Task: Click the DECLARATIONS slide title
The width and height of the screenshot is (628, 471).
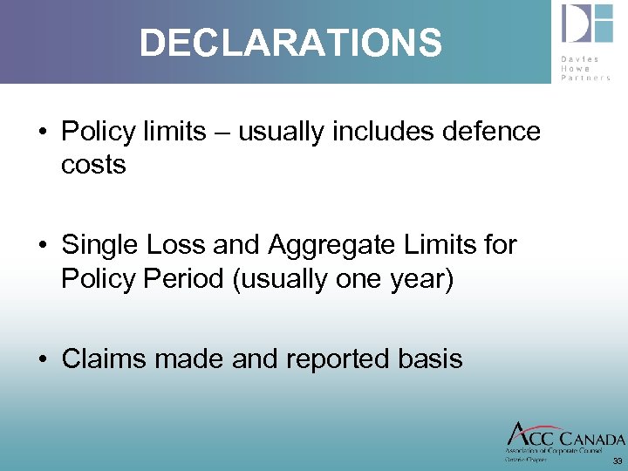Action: (290, 42)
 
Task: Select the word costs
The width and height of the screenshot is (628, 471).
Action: (93, 165)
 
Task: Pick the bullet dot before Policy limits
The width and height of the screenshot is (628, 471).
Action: (41, 133)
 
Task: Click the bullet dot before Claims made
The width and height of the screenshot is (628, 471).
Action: (41, 359)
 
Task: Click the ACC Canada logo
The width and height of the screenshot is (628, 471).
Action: (565, 438)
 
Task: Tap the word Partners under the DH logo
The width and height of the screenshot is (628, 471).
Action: (586, 77)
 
